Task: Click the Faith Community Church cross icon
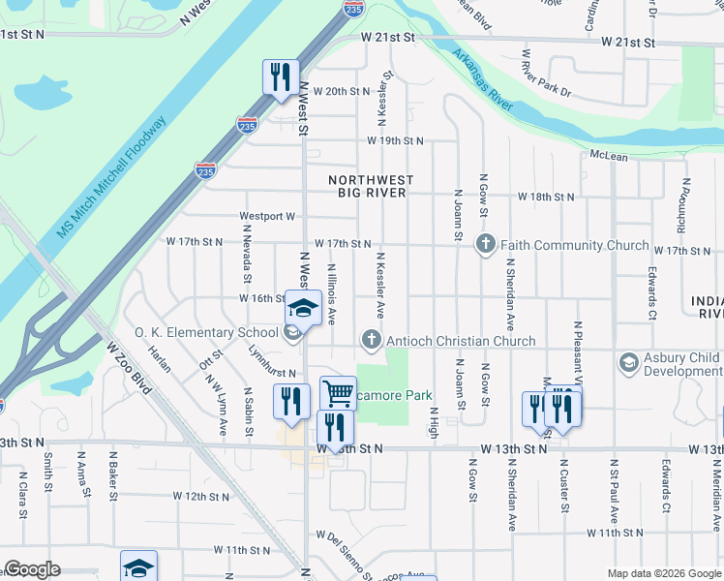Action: click(486, 244)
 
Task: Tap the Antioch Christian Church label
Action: click(460, 341)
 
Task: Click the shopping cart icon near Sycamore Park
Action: click(338, 393)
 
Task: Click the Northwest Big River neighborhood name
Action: click(371, 187)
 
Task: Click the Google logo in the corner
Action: click(31, 569)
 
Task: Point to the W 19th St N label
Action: click(395, 140)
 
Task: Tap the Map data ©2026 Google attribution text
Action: click(664, 574)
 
